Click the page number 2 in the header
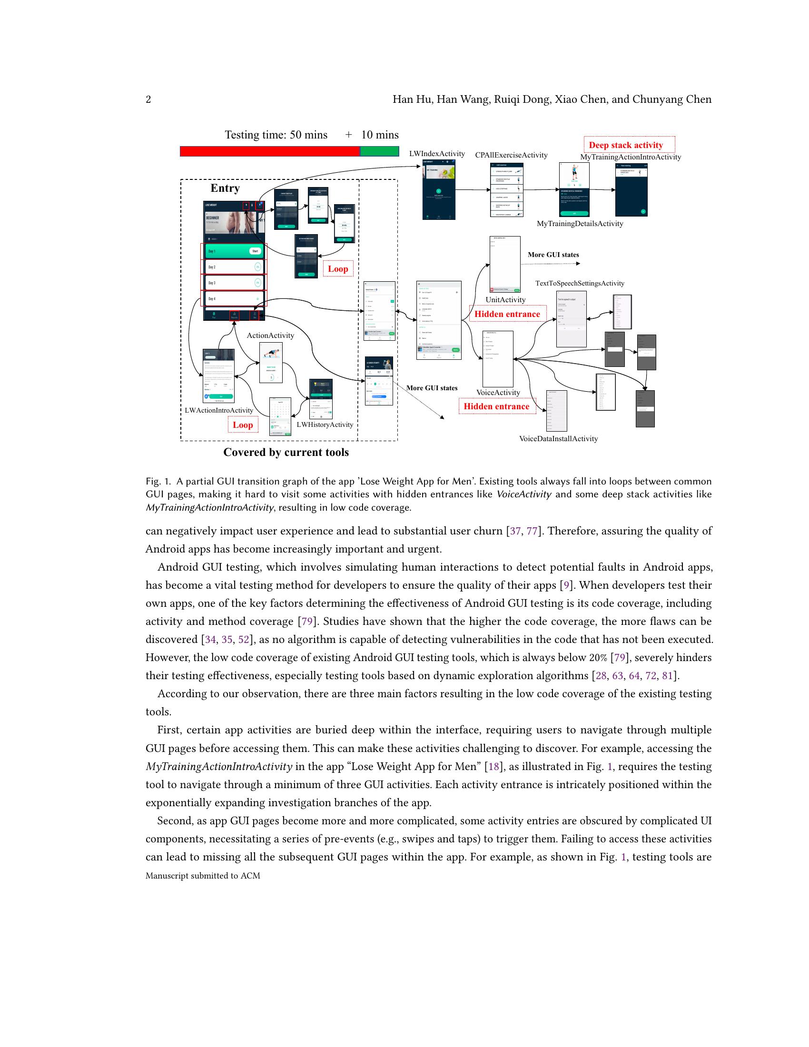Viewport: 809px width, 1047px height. pyautogui.click(x=148, y=99)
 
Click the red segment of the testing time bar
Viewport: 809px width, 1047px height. pyautogui.click(x=269, y=151)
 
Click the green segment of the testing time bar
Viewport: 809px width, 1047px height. pyautogui.click(x=379, y=151)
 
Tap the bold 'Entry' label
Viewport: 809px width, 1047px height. pyautogui.click(x=225, y=188)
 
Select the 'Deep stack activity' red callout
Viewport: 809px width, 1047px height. pyautogui.click(x=625, y=145)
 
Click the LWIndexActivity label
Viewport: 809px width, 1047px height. pyautogui.click(x=436, y=153)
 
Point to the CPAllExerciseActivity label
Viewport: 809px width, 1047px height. pyautogui.click(x=511, y=155)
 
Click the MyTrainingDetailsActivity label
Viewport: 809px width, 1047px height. pyautogui.click(x=580, y=223)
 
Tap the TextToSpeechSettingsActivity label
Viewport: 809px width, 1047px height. pyautogui.click(x=580, y=283)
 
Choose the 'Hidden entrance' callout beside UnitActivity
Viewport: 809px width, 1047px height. pyautogui.click(x=507, y=314)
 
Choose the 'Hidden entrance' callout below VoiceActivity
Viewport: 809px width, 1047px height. pyautogui.click(x=496, y=406)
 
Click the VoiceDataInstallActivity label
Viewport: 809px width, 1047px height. pyautogui.click(x=558, y=438)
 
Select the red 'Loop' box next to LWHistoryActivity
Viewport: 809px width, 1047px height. pyautogui.click(x=243, y=425)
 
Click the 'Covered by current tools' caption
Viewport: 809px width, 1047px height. pyautogui.click(x=286, y=452)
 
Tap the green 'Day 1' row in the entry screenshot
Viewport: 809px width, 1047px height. pyautogui.click(x=233, y=251)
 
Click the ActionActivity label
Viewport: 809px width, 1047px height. pyautogui.click(x=270, y=335)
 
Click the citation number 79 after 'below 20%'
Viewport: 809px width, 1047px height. pyautogui.click(x=620, y=657)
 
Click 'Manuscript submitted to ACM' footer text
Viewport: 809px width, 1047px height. pyautogui.click(x=203, y=875)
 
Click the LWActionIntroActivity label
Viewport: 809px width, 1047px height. pyautogui.click(x=218, y=410)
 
